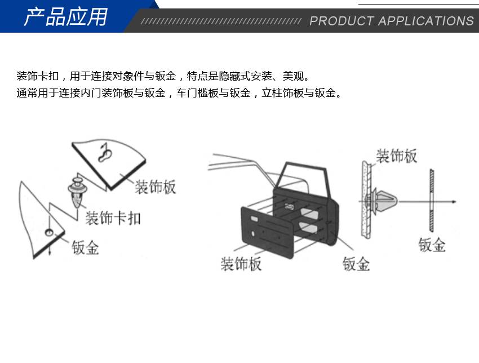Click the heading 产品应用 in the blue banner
[66, 17]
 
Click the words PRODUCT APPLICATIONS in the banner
[392, 21]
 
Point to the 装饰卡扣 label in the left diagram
[113, 218]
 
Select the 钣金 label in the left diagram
[86, 247]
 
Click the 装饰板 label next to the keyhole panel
[156, 187]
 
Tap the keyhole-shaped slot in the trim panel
[105, 153]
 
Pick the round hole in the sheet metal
[49, 233]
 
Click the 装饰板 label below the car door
[241, 264]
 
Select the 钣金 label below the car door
[356, 264]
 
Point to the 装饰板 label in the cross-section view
[397, 156]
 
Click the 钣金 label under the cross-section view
[432, 245]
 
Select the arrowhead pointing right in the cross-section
[454, 202]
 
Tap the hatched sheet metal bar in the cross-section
[431, 200]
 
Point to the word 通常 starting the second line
[27, 93]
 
